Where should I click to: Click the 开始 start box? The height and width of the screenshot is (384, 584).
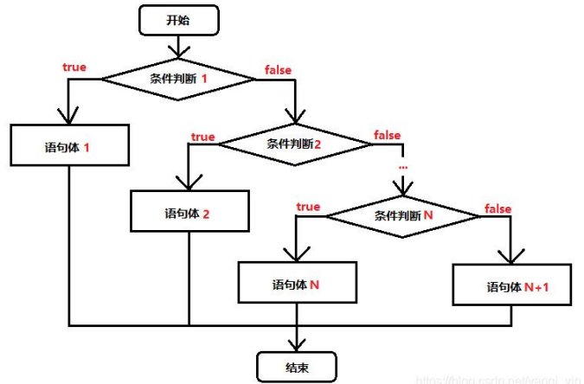tap(179, 21)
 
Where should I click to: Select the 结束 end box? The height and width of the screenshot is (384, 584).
tap(297, 366)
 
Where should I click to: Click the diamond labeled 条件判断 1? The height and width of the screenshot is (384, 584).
tap(180, 79)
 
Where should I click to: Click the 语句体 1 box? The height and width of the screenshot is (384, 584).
tap(69, 146)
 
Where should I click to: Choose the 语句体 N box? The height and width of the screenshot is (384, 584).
tap(297, 283)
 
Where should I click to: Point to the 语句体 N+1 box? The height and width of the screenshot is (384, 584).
tap(512, 285)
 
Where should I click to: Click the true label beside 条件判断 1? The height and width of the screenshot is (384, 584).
tap(75, 67)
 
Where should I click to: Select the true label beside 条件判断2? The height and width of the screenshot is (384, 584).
tap(202, 137)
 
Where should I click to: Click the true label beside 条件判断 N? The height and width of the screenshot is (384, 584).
tap(307, 207)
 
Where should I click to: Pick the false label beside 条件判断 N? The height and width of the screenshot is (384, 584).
tap(497, 208)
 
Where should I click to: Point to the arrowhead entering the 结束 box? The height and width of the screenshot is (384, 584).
tap(297, 342)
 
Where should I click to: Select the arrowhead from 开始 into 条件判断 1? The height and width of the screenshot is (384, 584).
tap(179, 52)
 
